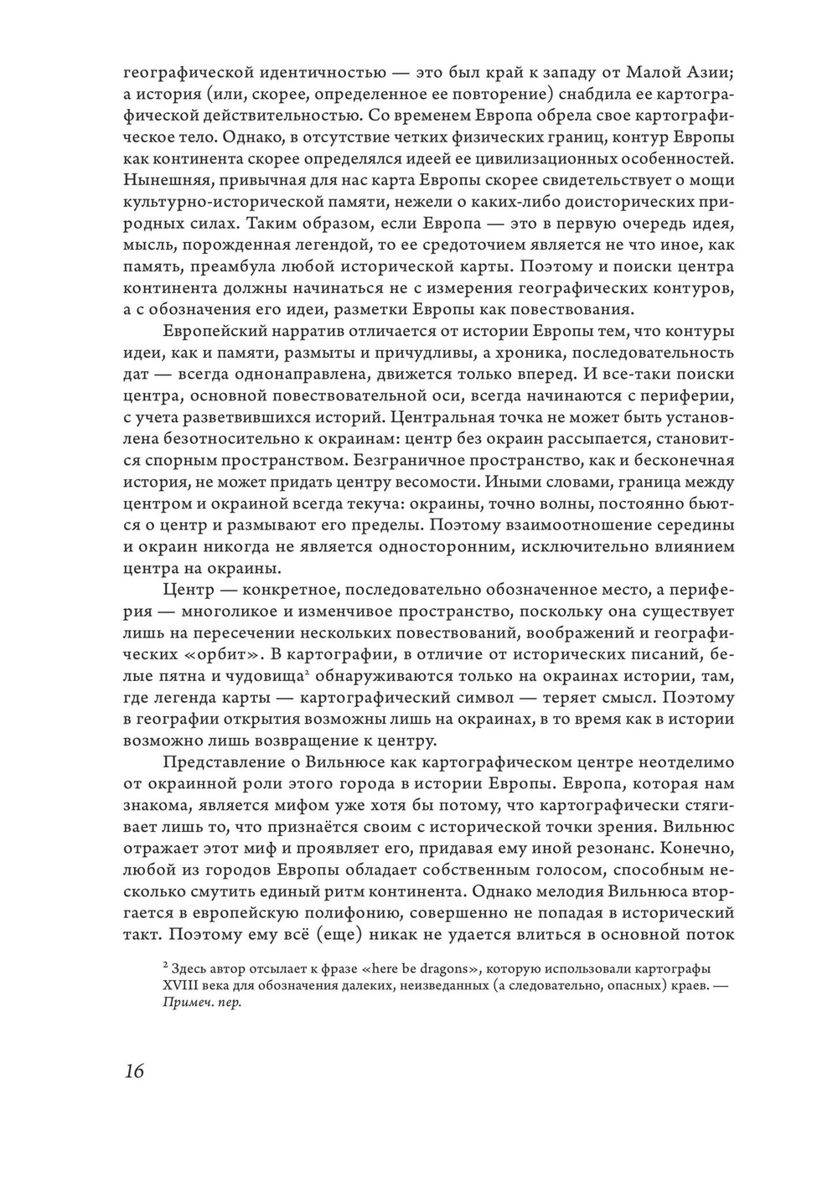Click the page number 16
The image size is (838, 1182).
point(134,1071)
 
